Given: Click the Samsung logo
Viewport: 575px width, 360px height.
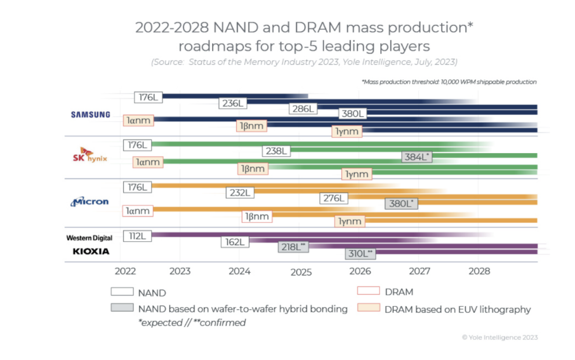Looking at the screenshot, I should click(90, 114).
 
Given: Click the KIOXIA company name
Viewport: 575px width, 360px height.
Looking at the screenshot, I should click(90, 251).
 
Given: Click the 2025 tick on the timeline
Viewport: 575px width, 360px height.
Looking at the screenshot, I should click(301, 272).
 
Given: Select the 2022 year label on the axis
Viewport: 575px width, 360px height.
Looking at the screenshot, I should click(125, 271).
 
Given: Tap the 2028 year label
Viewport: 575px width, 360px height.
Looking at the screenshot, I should click(479, 271).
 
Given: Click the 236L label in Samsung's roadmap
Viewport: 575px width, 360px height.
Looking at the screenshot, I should click(234, 103).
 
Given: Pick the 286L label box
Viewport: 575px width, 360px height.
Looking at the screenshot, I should click(303, 109).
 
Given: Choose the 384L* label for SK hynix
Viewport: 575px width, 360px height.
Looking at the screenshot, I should click(417, 156).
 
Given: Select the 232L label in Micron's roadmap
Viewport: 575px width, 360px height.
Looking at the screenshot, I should click(241, 192).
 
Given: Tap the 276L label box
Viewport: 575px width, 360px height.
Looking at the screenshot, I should click(333, 198).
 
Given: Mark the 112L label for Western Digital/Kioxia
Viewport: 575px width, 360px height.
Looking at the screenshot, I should click(136, 236).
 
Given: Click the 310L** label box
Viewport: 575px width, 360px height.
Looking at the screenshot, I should click(360, 253).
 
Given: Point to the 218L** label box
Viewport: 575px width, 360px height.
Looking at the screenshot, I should click(293, 247).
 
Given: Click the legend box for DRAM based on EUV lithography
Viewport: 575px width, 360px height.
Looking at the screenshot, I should click(367, 309).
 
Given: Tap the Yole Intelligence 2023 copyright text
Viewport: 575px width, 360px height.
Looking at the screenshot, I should click(499, 337).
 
